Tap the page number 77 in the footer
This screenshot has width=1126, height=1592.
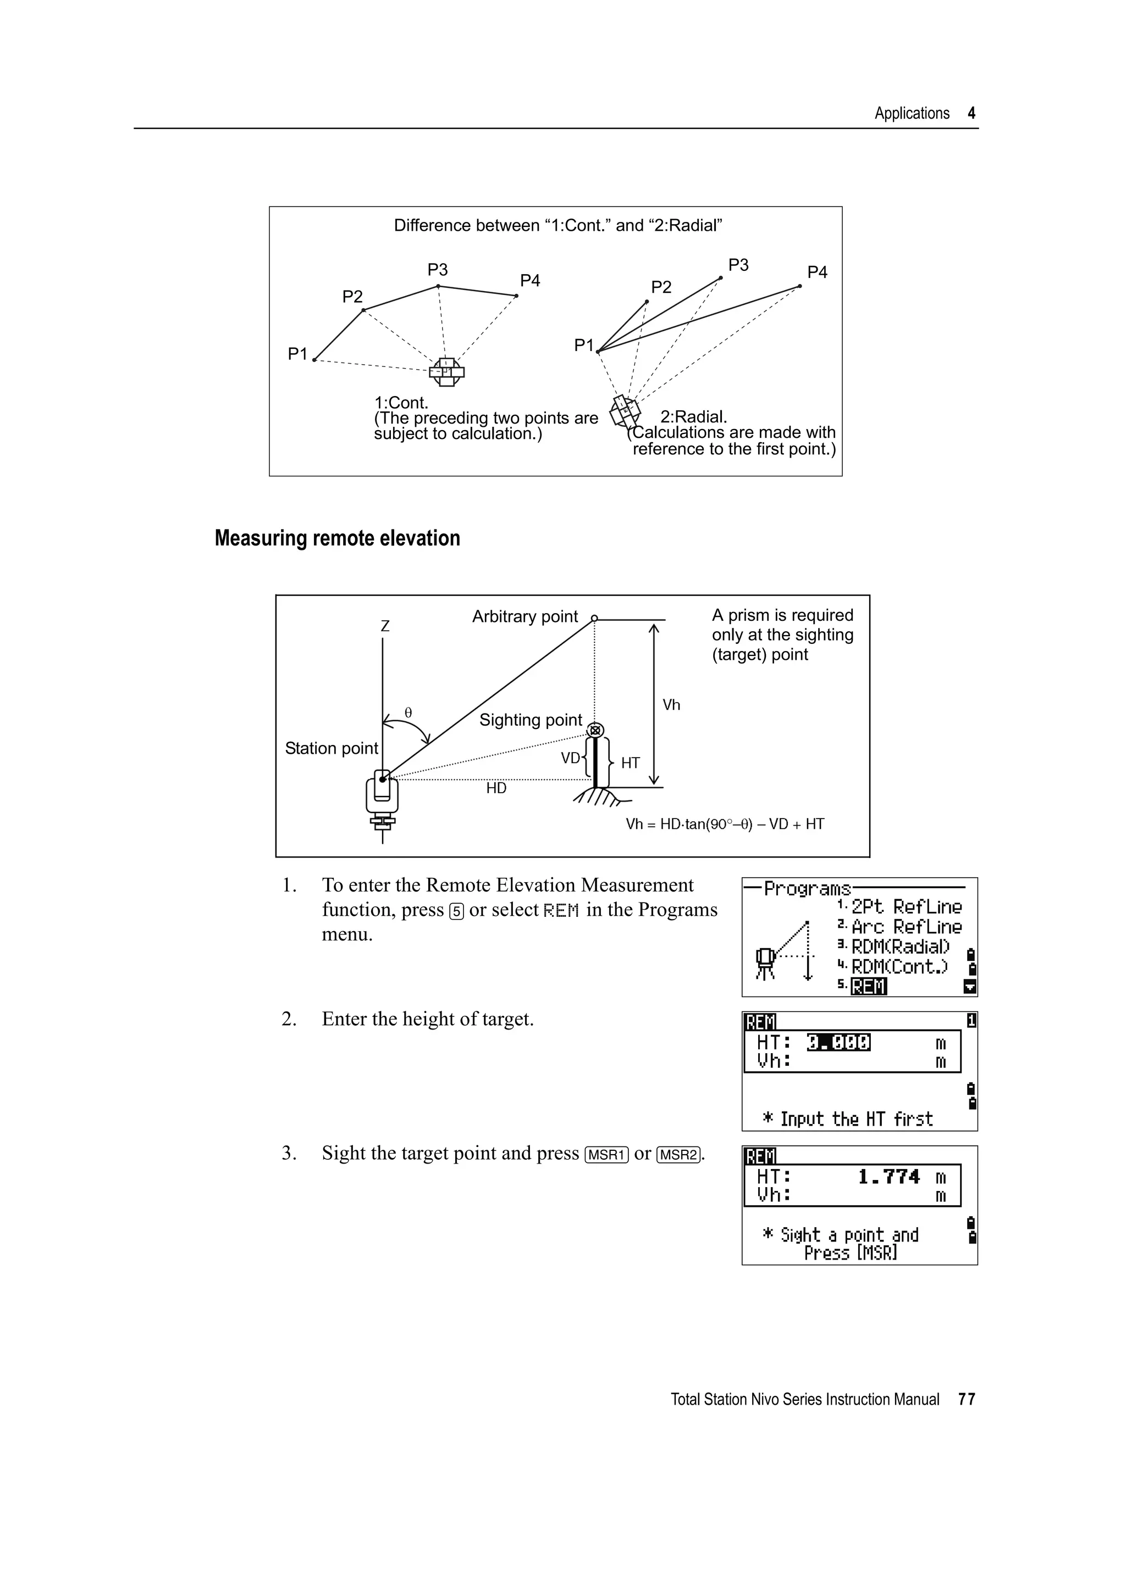click(x=967, y=1399)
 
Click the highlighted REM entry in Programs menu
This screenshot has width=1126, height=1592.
click(x=869, y=986)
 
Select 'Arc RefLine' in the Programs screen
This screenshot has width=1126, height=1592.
click(x=906, y=927)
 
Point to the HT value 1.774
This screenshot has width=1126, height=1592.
click(x=888, y=1177)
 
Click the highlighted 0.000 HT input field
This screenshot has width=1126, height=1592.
click(x=838, y=1042)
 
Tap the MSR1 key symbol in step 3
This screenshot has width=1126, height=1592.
click(x=607, y=1155)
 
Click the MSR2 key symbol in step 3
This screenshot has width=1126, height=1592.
click(x=678, y=1155)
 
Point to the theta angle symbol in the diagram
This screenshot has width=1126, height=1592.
click(x=409, y=713)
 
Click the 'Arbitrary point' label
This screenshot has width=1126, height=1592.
click(x=525, y=616)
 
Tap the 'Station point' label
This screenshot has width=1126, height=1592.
click(x=332, y=748)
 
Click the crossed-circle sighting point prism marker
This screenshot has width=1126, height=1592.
click(x=595, y=730)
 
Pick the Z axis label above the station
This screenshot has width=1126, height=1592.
click(x=385, y=626)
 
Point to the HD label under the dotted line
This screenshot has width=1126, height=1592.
click(x=496, y=788)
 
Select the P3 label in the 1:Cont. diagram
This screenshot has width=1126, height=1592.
click(x=438, y=269)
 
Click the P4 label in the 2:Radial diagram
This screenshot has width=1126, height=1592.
click(x=817, y=272)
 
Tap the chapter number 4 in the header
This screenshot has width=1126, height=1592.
click(x=972, y=114)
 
